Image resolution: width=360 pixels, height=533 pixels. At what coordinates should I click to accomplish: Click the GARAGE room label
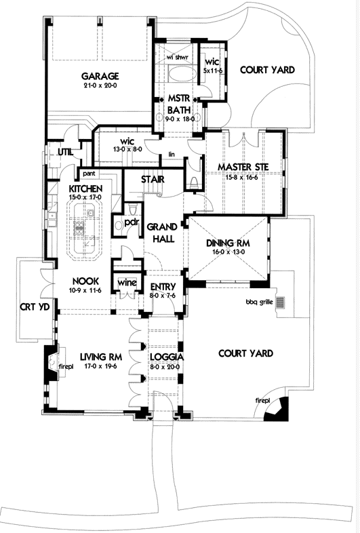(x=100, y=77)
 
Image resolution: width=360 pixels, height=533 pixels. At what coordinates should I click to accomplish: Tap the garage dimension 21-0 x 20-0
(x=100, y=86)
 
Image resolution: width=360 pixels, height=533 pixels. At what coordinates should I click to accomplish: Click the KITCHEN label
(x=85, y=188)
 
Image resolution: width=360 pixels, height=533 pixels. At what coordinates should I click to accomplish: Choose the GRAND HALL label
(x=162, y=233)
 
